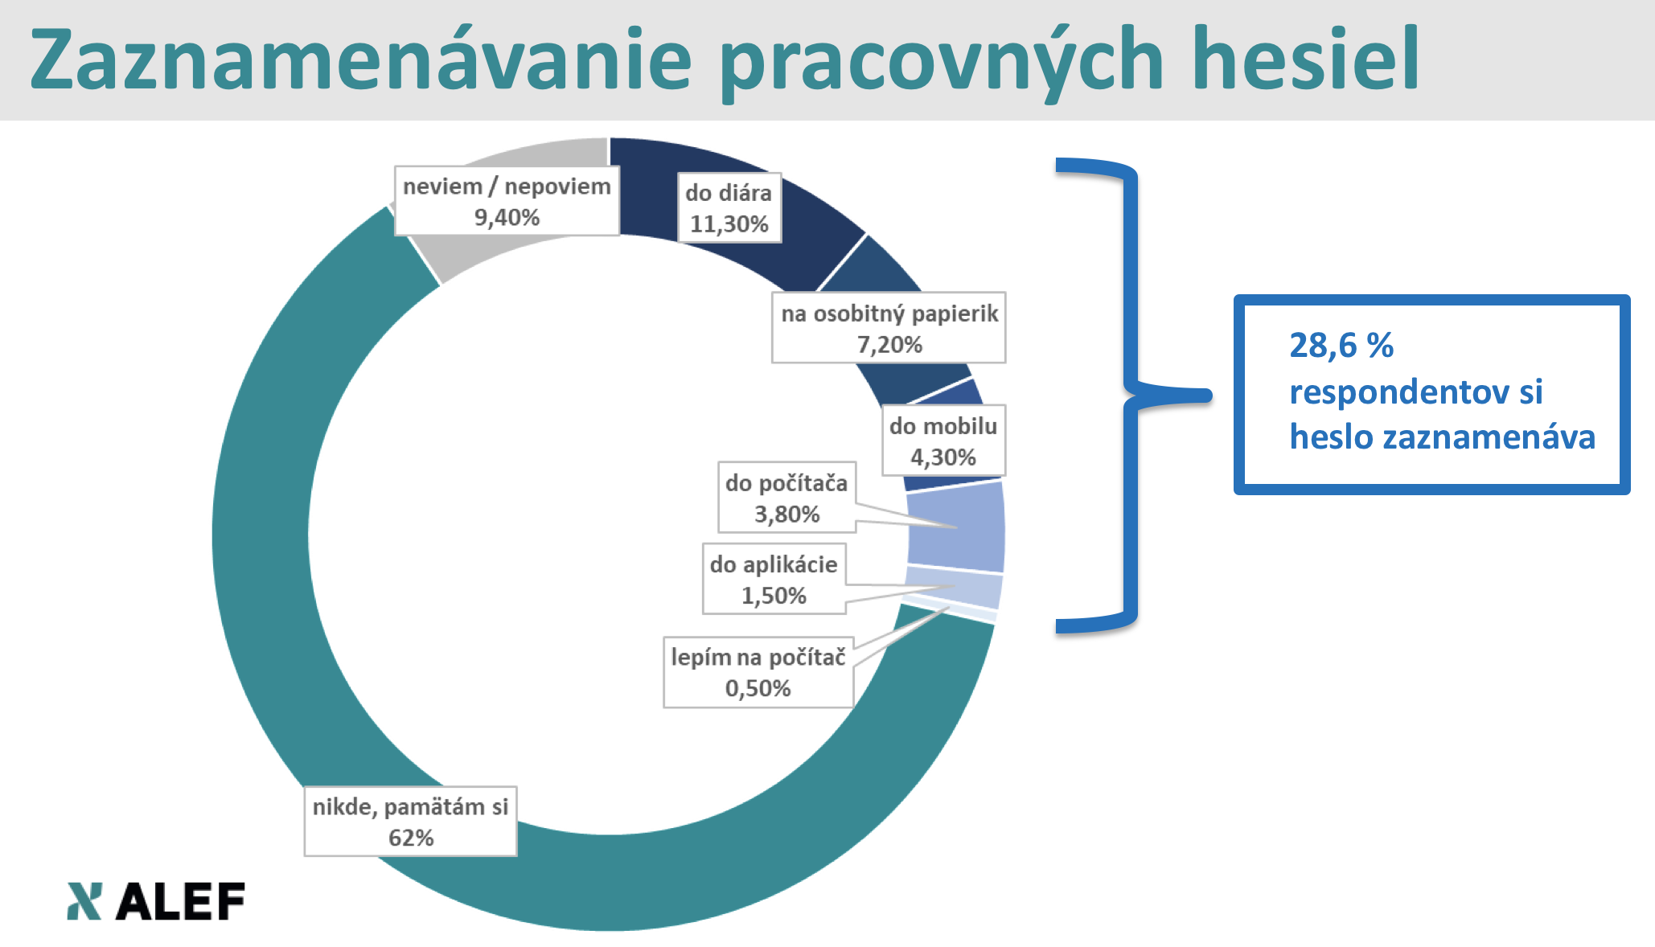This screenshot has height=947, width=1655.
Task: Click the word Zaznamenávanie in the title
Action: [360, 59]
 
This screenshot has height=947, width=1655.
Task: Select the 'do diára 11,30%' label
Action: [729, 207]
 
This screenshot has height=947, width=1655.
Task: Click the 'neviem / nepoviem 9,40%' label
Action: [507, 201]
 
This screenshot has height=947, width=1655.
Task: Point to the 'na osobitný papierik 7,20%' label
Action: [889, 328]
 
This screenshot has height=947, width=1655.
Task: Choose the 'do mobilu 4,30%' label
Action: [943, 441]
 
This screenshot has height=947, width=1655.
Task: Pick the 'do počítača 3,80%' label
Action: [786, 498]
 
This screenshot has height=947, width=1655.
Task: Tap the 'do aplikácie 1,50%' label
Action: [774, 579]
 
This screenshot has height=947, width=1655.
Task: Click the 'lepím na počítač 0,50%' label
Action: [758, 672]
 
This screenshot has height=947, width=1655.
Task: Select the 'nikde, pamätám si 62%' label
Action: [410, 822]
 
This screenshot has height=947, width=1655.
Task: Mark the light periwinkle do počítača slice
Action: [957, 527]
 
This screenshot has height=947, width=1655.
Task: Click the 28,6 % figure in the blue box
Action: [1341, 346]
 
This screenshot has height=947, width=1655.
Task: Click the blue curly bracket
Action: [1134, 396]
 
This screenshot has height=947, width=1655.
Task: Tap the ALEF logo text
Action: [181, 901]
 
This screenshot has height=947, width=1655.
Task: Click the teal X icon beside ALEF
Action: [84, 901]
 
